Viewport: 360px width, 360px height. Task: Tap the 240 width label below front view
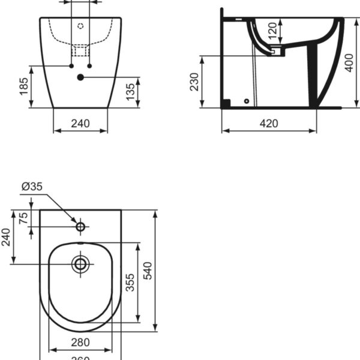click(80, 124)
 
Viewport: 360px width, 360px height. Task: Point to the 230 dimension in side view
click(194, 82)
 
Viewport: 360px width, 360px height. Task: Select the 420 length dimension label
click(269, 124)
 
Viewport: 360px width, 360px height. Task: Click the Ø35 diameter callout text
click(32, 187)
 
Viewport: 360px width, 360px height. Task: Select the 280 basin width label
click(80, 342)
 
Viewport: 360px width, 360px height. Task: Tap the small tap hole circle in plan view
click(80, 226)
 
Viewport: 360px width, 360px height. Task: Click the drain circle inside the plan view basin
click(80, 263)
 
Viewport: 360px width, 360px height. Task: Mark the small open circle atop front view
click(80, 26)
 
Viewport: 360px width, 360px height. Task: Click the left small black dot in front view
click(71, 65)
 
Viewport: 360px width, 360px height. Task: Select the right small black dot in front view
click(90, 65)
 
